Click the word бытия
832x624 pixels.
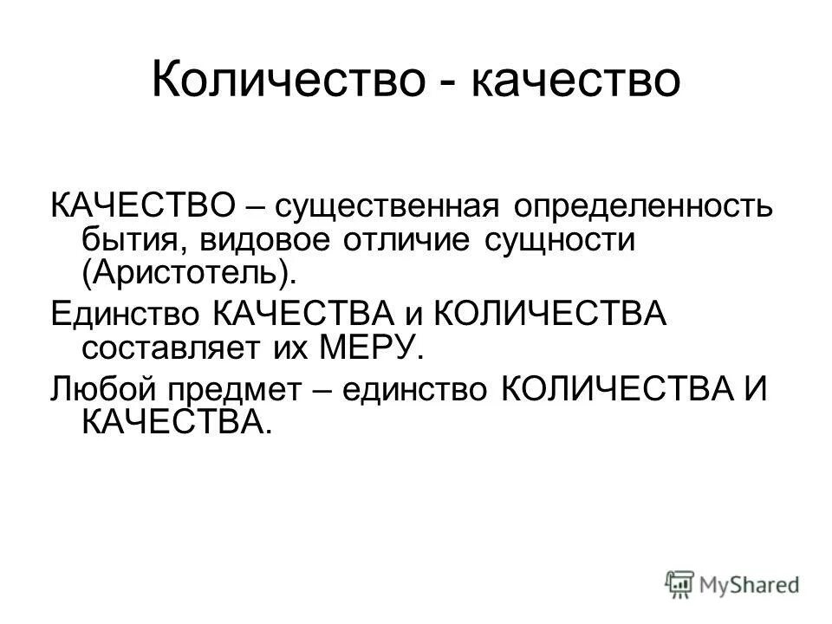[129, 240]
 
